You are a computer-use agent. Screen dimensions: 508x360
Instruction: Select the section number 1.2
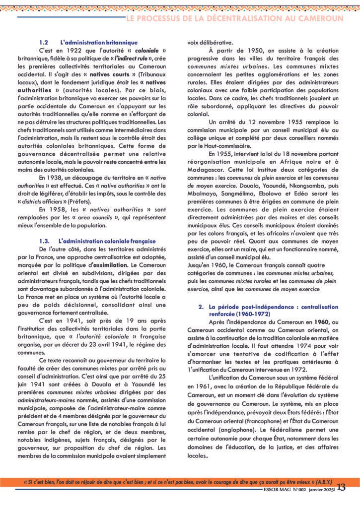point(43,43)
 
